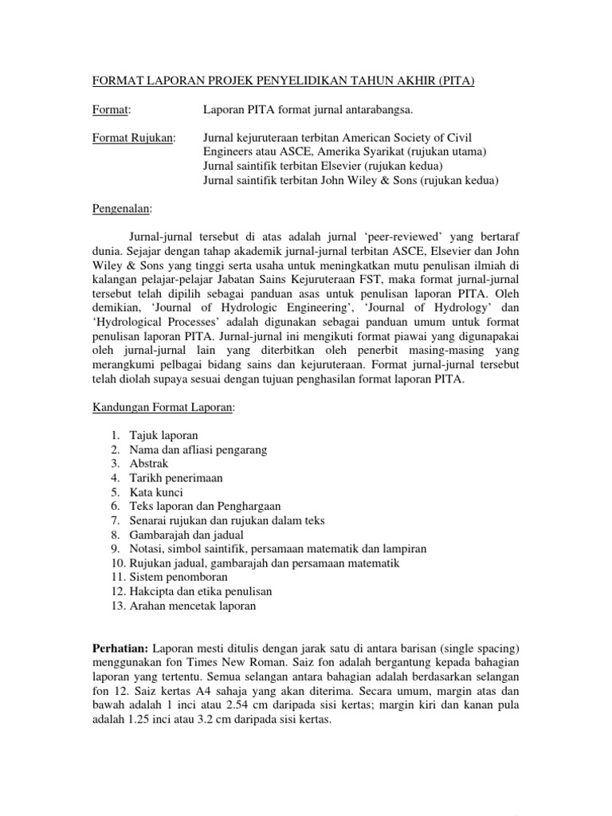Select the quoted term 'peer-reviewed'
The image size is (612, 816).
409,237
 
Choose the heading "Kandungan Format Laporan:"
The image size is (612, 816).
163,407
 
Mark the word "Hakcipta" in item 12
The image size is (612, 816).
151,591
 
